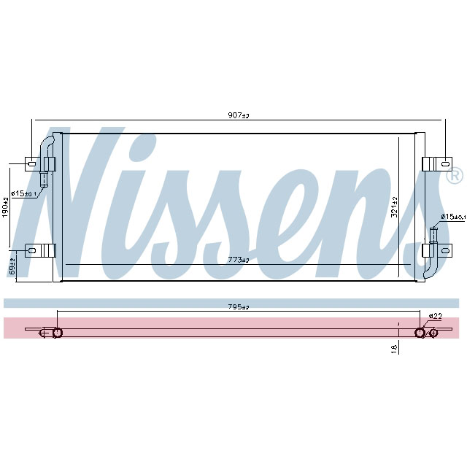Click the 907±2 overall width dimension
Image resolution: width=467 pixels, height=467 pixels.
[239, 116]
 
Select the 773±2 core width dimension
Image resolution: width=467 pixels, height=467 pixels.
[239, 260]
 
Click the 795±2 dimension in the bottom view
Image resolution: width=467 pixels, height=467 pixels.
[239, 306]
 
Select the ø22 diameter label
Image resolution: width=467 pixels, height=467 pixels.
[435, 316]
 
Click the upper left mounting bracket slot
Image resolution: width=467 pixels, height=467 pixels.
[31, 164]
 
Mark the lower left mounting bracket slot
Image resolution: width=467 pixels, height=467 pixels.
[31, 250]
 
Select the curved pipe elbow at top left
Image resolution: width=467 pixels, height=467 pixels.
[47, 142]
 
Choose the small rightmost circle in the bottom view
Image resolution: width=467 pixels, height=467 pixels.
[434, 333]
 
